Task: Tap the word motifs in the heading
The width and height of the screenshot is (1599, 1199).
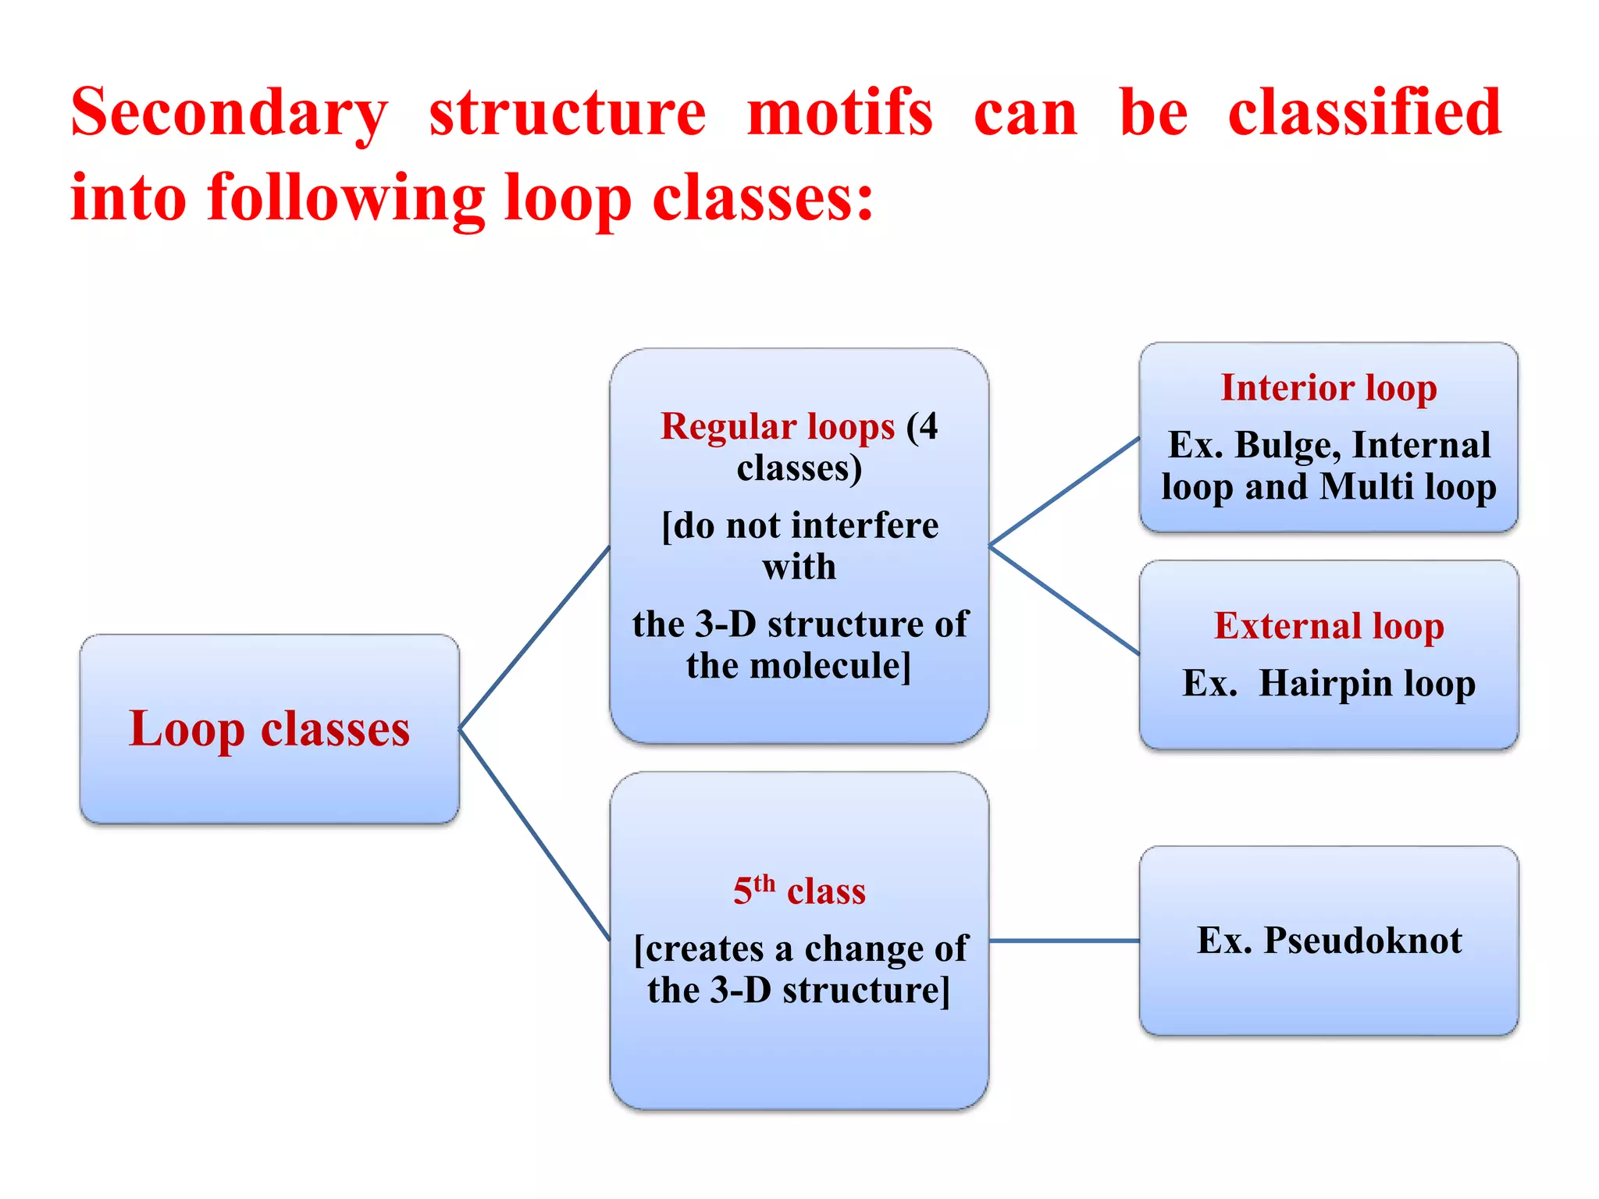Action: pyautogui.click(x=839, y=113)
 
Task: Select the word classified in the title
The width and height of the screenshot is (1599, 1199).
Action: pyautogui.click(x=1364, y=113)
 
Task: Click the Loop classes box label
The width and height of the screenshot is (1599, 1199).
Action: pyautogui.click(x=269, y=729)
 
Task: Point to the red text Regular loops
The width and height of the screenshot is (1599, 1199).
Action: pyautogui.click(x=777, y=426)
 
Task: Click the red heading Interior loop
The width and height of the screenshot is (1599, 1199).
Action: pyautogui.click(x=1328, y=388)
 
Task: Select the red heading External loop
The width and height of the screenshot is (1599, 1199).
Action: pyautogui.click(x=1328, y=626)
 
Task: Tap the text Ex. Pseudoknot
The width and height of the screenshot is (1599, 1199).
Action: pyautogui.click(x=1328, y=940)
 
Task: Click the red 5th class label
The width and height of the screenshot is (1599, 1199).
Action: pyautogui.click(x=799, y=891)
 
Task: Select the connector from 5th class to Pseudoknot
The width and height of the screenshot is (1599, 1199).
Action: pyautogui.click(x=1063, y=941)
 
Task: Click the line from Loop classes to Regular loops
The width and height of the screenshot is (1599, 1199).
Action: pyautogui.click(x=534, y=638)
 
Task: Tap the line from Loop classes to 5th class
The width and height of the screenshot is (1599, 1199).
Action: pyautogui.click(x=534, y=834)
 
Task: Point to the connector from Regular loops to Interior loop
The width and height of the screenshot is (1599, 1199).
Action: pyautogui.click(x=1063, y=492)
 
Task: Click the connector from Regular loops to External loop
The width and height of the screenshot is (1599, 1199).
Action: pyautogui.click(x=1063, y=599)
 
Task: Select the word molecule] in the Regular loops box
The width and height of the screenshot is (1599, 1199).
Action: pyautogui.click(x=829, y=666)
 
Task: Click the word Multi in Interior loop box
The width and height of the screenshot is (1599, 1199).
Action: pyautogui.click(x=1366, y=487)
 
